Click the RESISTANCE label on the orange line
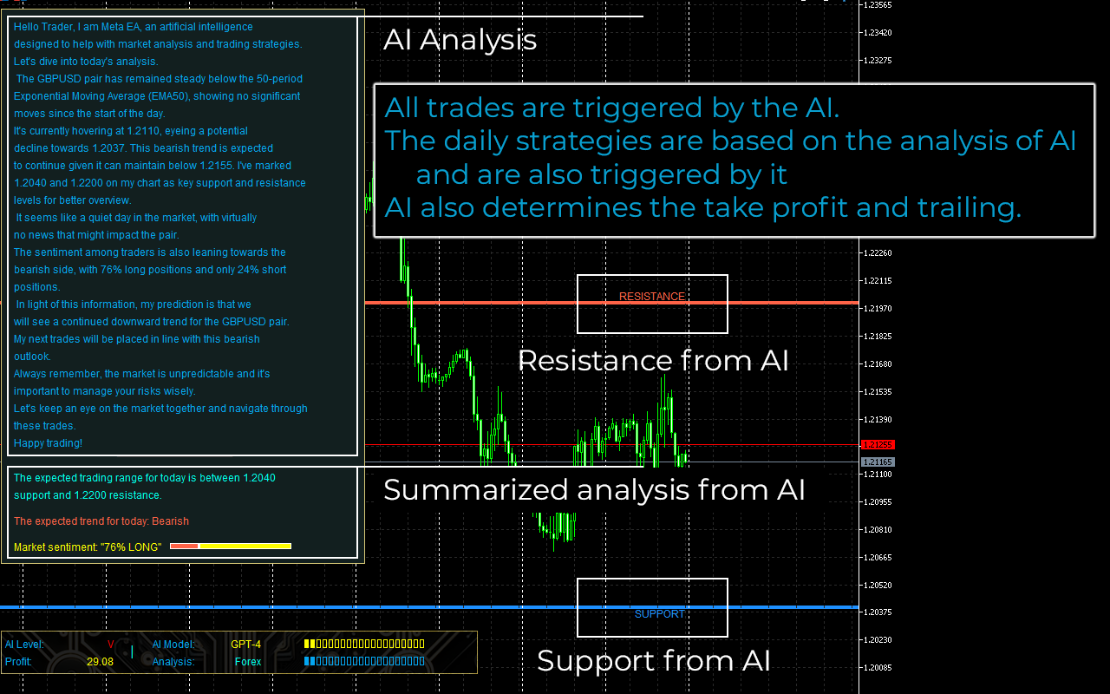point(651,297)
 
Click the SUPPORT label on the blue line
point(660,614)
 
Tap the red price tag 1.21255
point(878,445)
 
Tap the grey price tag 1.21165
point(878,462)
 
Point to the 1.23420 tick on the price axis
point(878,33)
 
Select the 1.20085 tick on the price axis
point(878,667)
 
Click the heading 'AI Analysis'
point(460,40)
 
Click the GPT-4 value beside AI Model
point(245,645)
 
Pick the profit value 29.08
point(100,662)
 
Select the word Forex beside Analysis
point(248,662)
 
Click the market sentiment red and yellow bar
point(231,547)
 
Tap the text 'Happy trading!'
point(48,443)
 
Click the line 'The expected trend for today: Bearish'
point(101,521)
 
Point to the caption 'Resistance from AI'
point(653,360)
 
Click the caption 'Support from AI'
point(654,661)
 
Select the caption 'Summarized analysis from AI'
point(594,490)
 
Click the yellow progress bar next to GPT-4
point(364,644)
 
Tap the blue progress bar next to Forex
point(364,661)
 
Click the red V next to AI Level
point(110,645)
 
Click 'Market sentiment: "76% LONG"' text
point(88,547)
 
